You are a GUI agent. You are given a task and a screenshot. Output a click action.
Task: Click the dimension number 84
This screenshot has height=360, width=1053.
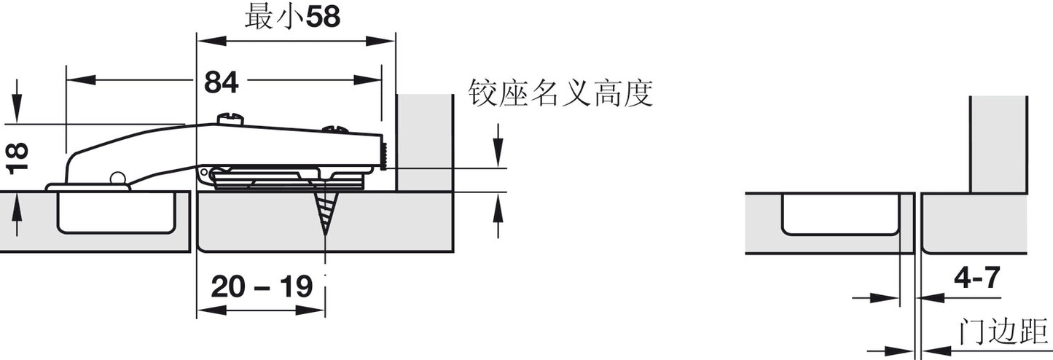tap(222, 83)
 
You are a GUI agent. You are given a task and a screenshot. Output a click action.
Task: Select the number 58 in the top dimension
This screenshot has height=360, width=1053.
tap(323, 17)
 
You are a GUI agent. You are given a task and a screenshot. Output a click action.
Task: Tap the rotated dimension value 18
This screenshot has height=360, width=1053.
tap(17, 159)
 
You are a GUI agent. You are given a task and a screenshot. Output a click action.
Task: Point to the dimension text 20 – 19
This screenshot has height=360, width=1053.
tap(262, 286)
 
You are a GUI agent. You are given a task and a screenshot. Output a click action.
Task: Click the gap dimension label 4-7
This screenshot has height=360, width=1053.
tap(976, 278)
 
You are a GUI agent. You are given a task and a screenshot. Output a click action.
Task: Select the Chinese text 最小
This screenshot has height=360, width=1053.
tap(275, 18)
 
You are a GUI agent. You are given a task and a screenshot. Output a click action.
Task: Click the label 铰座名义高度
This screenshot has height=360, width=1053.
tap(560, 94)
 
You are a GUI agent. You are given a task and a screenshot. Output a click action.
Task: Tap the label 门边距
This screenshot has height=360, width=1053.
tap(1003, 332)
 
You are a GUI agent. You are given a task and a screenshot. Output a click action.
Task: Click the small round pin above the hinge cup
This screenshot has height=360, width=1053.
tap(117, 179)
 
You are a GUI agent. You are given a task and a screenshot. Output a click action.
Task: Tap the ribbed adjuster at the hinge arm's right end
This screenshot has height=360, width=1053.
tap(383, 156)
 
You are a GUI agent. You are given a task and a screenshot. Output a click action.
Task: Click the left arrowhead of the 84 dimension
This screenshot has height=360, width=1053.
tap(81, 80)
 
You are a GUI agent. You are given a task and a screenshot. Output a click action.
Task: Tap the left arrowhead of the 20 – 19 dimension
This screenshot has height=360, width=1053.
tap(211, 310)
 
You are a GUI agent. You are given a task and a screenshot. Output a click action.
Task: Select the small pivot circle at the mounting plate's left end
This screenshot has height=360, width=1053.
tap(204, 173)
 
